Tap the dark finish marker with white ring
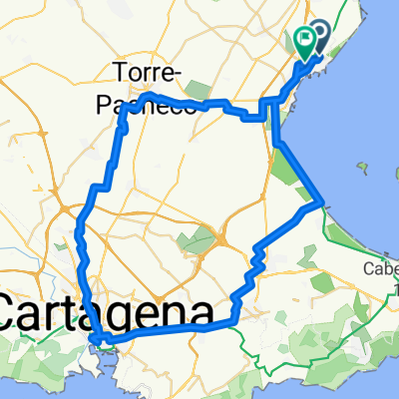tap(320, 36)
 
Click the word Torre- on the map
tap(148, 74)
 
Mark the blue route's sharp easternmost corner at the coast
tap(321, 203)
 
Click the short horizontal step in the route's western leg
tap(99, 187)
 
